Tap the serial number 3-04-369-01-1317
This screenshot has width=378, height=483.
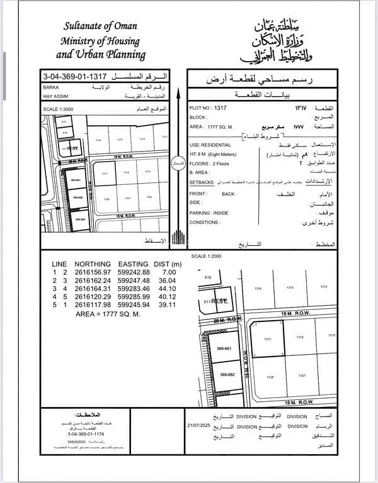[66, 74]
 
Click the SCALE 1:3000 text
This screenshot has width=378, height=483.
[60, 108]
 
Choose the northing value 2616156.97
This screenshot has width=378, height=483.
[93, 272]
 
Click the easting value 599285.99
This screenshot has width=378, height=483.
[133, 296]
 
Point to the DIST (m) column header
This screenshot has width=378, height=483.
[168, 264]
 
